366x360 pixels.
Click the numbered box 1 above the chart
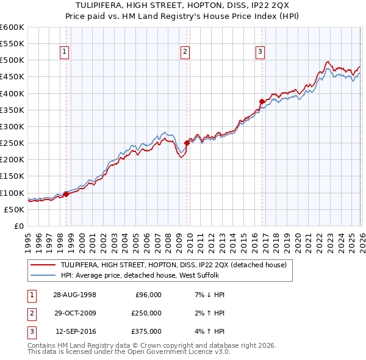click(65, 52)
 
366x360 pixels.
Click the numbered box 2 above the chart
click(184, 52)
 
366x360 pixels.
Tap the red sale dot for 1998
click(66, 194)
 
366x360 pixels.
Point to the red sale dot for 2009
click(187, 143)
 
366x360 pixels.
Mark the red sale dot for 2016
click(261, 101)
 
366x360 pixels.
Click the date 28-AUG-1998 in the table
click(75, 294)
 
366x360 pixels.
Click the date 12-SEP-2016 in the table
click(76, 332)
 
